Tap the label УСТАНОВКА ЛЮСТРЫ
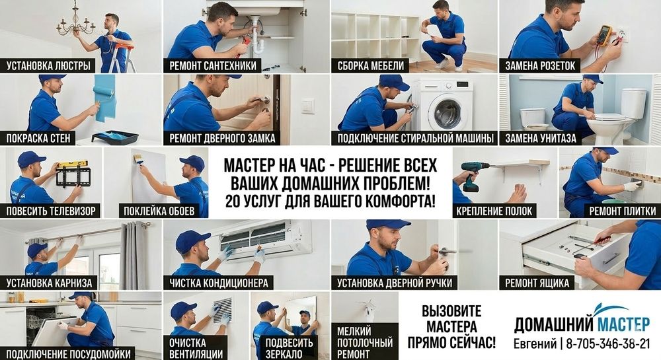tap(49, 66)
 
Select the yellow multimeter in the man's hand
tap(603, 34)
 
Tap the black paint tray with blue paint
tap(114, 137)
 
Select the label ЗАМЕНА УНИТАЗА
tap(541, 139)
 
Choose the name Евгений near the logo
tap(535, 344)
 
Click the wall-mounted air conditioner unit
tap(264, 237)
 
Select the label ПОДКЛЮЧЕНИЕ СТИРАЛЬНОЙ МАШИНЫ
tap(415, 139)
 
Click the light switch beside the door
tap(308, 106)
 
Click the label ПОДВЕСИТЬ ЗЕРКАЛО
tap(289, 347)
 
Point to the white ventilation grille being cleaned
tap(223, 309)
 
